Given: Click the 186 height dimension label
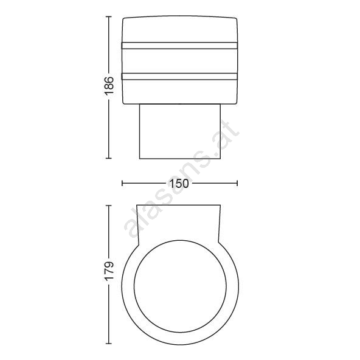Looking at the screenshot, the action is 109,86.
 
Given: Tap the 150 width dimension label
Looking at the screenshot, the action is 179,184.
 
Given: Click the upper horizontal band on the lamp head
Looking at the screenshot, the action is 179,46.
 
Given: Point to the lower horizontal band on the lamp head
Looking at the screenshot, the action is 179,77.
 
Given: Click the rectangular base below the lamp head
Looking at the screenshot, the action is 180,131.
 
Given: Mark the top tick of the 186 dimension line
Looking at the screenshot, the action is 109,17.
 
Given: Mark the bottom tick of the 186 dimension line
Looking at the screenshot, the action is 109,158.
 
